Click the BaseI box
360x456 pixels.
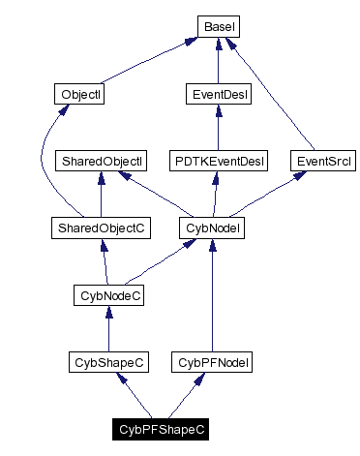[x=220, y=28]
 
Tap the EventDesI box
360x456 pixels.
[x=218, y=95]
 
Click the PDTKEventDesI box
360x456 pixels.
[x=218, y=162]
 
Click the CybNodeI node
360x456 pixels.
[x=212, y=228]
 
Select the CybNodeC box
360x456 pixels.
[x=109, y=295]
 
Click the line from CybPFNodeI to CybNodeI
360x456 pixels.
[x=212, y=300]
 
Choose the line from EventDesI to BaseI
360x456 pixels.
[x=219, y=64]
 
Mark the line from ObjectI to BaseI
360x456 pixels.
[x=145, y=62]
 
